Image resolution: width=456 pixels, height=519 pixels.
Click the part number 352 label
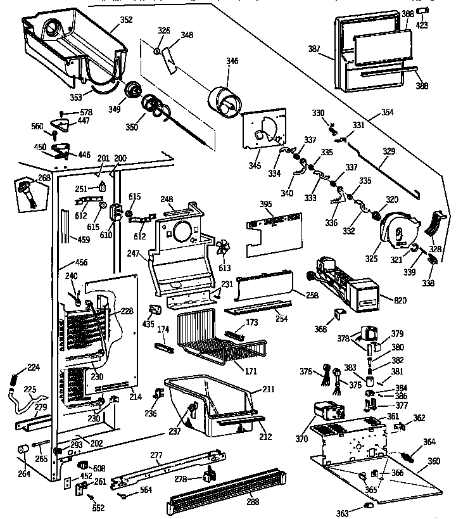pyautogui.click(x=126, y=20)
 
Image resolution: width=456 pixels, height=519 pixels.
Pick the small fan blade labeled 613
pyautogui.click(x=222, y=249)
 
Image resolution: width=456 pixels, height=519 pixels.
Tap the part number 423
pyautogui.click(x=422, y=25)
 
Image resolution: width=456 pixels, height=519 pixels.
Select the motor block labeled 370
pyautogui.click(x=327, y=416)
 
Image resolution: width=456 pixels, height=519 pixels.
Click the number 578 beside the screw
pyautogui.click(x=86, y=112)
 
